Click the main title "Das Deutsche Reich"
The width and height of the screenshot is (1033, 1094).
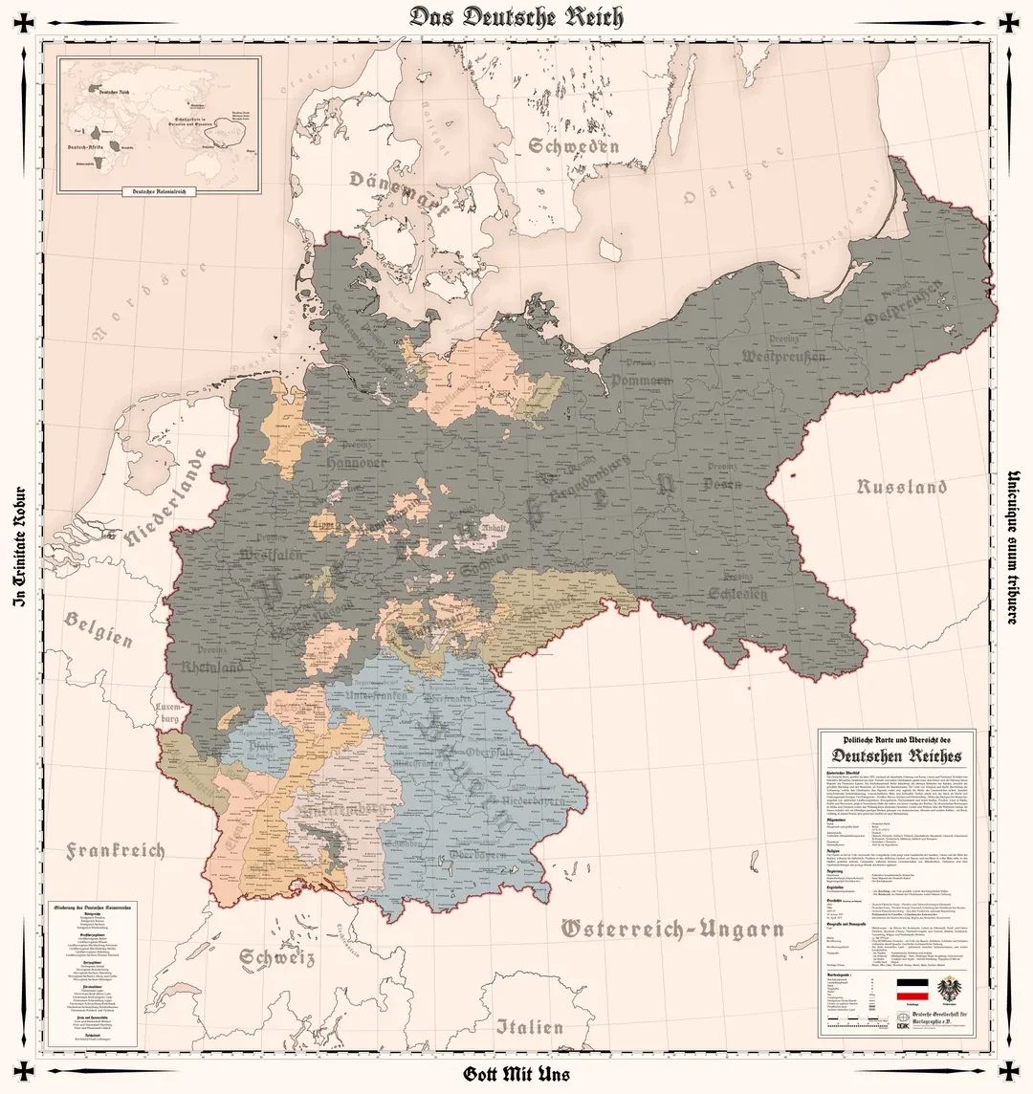click(x=516, y=16)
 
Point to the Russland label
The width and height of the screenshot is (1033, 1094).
click(x=901, y=487)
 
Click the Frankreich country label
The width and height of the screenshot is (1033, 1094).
click(x=116, y=850)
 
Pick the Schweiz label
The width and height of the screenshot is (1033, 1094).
click(x=277, y=956)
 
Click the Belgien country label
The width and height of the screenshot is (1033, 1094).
click(x=99, y=628)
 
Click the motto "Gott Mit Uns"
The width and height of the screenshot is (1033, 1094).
click(x=516, y=1074)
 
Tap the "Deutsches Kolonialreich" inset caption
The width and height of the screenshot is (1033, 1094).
click(x=159, y=191)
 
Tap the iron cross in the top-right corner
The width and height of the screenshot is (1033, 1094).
click(x=1008, y=22)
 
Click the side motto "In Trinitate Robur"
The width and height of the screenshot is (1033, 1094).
click(x=16, y=546)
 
